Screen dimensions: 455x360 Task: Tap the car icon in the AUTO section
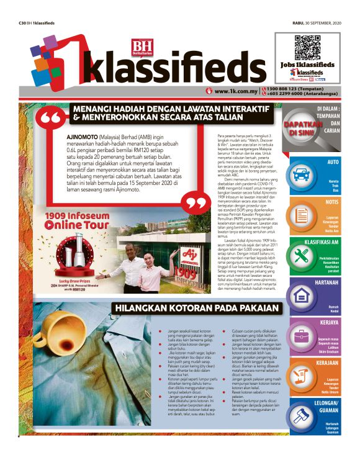(302, 173)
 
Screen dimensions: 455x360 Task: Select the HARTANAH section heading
(324, 282)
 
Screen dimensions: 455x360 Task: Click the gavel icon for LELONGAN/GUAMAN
(302, 419)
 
